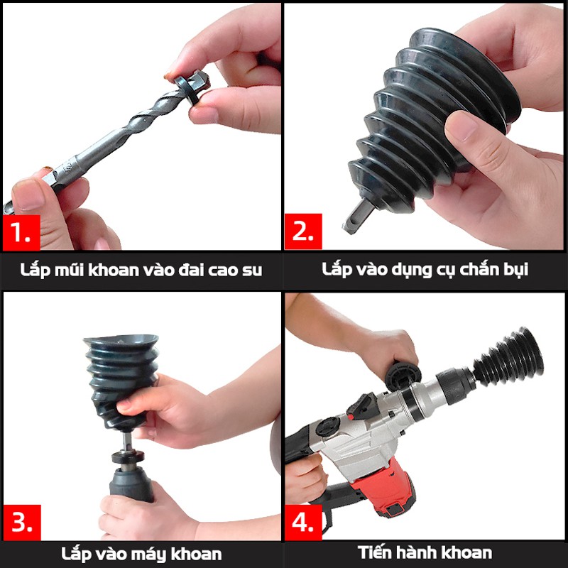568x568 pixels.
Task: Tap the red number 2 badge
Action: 303,232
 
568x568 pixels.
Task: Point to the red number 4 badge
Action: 303,523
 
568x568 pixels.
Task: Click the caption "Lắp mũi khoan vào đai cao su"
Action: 142,270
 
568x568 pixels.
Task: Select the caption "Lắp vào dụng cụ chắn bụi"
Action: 425,270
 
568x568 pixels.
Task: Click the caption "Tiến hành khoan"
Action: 425,552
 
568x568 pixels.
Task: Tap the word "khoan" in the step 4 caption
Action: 466,552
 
